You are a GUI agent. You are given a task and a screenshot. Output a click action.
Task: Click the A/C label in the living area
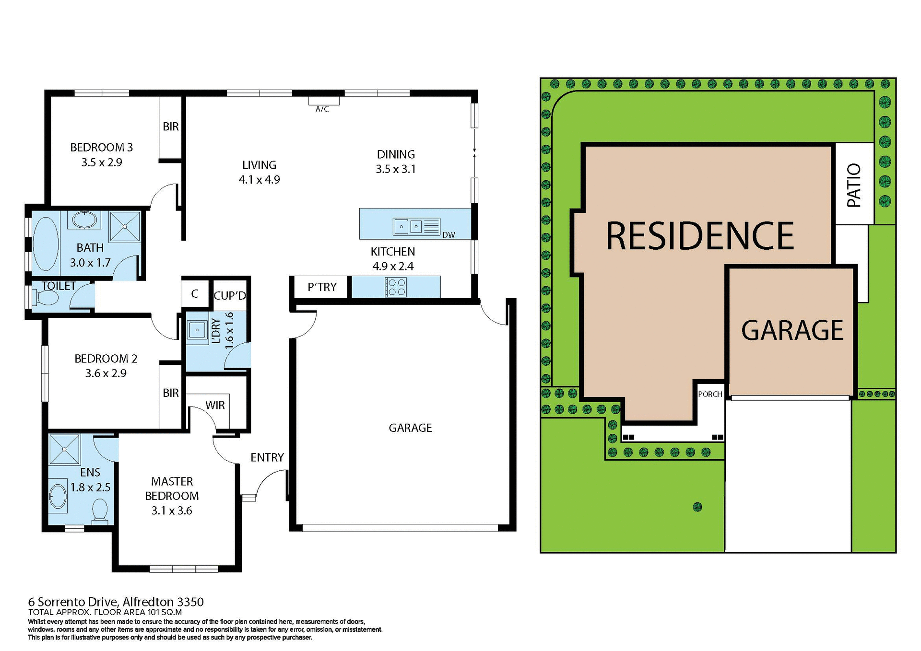322,109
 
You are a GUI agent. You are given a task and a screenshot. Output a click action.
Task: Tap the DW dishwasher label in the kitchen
449,235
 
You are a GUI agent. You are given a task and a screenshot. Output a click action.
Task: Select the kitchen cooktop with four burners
396,287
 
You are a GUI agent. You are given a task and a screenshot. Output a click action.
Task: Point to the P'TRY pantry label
322,287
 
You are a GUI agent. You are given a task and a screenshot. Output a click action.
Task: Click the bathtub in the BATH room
45,244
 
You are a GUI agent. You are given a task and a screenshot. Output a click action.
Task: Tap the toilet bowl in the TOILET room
47,298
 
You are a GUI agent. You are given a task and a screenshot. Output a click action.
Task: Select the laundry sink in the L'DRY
197,330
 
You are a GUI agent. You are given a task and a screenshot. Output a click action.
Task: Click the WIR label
214,405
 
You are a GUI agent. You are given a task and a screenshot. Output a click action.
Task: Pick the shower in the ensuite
64,449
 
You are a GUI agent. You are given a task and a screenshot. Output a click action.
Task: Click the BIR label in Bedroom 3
170,127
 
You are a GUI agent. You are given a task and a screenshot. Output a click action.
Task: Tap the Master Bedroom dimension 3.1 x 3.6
172,511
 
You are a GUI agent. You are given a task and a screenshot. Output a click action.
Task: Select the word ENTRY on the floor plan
267,457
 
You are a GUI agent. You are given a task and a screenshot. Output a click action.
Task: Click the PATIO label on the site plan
854,185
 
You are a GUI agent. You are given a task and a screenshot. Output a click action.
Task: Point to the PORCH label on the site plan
710,394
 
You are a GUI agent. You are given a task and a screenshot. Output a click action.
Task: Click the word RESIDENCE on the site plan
700,236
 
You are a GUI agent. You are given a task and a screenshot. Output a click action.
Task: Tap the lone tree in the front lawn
697,507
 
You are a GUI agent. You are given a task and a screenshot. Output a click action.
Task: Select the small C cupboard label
194,293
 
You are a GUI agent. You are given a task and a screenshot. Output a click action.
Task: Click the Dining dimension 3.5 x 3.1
396,169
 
